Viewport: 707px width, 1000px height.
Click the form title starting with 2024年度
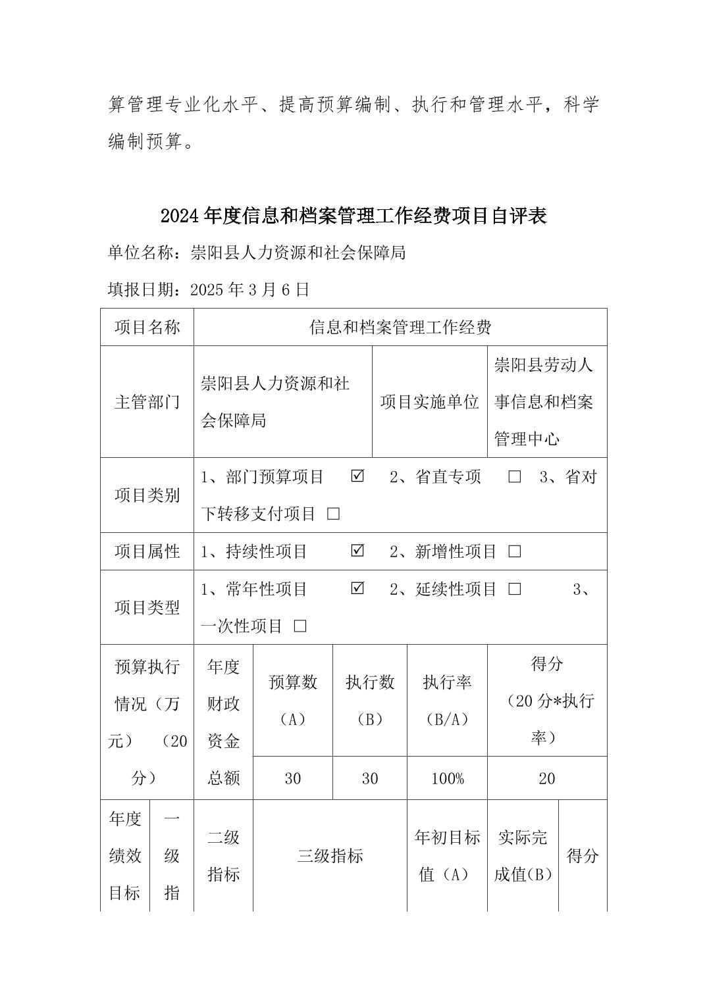tap(353, 216)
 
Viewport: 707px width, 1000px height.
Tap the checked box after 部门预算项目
tap(357, 476)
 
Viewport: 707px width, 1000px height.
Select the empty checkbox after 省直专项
tap(514, 476)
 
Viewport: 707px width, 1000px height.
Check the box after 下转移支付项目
tap(333, 514)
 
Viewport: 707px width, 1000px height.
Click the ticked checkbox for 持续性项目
tap(357, 551)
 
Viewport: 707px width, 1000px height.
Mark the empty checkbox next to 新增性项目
tap(514, 551)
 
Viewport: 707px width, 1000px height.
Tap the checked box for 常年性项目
tap(357, 589)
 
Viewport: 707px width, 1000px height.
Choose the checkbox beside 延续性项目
tap(514, 589)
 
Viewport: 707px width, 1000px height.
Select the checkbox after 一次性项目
tap(300, 626)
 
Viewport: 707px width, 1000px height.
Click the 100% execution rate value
tap(447, 779)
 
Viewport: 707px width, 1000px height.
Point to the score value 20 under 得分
tap(546, 779)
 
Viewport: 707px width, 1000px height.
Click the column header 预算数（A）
tap(292, 701)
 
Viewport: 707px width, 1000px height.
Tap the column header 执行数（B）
tap(369, 701)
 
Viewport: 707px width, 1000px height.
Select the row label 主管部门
tap(147, 402)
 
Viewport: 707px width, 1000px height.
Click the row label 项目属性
tap(147, 551)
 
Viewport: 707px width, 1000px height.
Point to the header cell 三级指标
tap(330, 856)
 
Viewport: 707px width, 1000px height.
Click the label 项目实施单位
tap(429, 402)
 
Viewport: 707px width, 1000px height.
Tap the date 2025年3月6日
tap(249, 289)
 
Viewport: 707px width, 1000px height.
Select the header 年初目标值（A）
tap(447, 856)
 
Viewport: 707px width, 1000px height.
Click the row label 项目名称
tap(147, 327)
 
